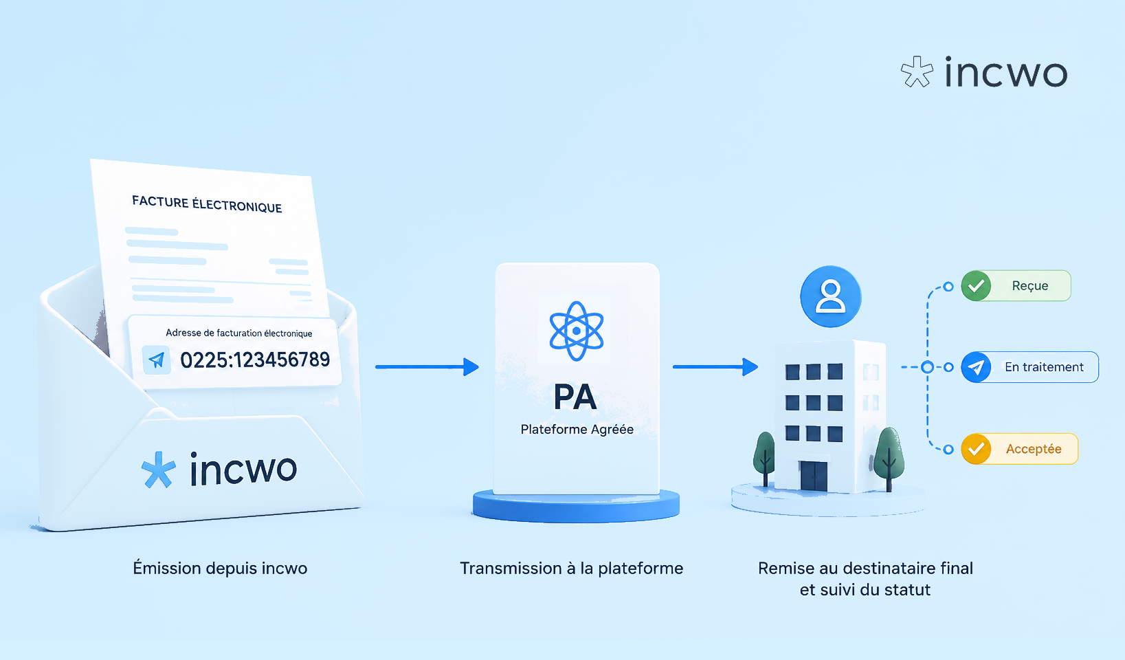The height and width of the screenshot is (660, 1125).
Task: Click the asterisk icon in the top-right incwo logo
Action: pos(917,71)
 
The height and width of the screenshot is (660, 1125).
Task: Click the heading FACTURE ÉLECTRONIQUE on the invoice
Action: pos(207,204)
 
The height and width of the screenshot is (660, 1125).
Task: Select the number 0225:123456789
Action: pos(255,360)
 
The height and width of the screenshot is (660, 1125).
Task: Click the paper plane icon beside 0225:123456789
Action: pos(157,360)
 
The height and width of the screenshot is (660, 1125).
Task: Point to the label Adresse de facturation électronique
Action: pos(239,333)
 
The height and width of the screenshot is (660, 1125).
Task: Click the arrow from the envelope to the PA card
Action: pos(427,366)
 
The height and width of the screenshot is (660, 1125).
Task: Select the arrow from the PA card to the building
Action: pos(715,366)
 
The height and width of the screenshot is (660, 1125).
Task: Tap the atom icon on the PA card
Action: pos(577,331)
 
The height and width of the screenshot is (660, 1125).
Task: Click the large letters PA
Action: pos(576,397)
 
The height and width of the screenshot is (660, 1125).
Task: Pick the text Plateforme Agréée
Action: pos(577,430)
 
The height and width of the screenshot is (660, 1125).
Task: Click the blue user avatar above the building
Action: pos(831,296)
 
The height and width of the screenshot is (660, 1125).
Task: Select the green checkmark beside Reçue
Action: pos(976,286)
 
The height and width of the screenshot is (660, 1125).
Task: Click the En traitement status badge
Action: pos(1029,367)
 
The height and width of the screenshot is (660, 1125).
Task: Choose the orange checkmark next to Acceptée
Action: pos(976,448)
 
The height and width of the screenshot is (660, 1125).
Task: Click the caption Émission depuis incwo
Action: pos(220,568)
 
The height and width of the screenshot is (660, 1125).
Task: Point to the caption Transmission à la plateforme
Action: pos(572,568)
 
